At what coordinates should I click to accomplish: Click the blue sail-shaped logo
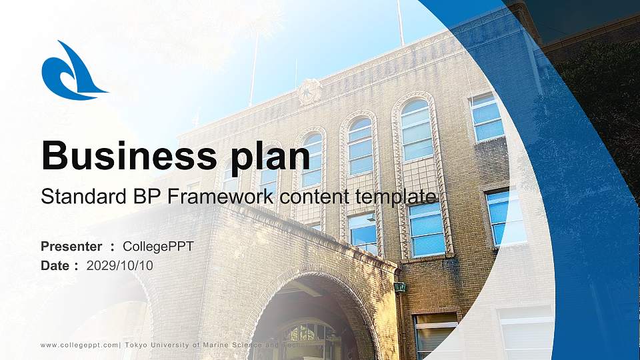[70, 72]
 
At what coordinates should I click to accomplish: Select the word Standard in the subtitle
[80, 197]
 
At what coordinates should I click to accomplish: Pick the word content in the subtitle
[313, 197]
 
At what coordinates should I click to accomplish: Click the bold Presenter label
[71, 247]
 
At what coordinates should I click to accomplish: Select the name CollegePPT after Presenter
[159, 247]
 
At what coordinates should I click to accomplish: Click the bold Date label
[55, 265]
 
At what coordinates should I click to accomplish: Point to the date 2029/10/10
[120, 265]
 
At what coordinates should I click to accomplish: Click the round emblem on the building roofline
[309, 91]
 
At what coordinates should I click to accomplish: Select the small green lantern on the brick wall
[400, 287]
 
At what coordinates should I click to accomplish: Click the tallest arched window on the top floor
[417, 130]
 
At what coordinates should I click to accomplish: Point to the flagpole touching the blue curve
[400, 23]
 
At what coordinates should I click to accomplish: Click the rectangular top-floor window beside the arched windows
[487, 117]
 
